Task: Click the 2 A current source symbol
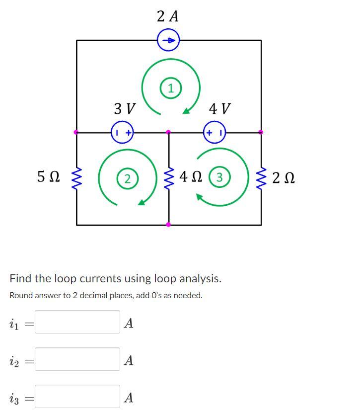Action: click(168, 40)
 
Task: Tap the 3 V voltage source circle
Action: click(123, 132)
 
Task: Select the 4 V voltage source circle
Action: click(215, 132)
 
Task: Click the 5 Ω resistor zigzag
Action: click(76, 177)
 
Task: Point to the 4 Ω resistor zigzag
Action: click(169, 177)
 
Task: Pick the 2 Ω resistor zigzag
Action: click(261, 177)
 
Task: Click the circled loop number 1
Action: click(170, 89)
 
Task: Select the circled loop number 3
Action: click(221, 177)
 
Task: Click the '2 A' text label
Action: click(167, 16)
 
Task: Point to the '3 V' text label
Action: click(124, 108)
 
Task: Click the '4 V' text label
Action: click(219, 108)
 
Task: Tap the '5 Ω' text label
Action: click(49, 176)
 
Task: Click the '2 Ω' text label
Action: click(284, 177)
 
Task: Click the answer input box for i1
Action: click(77, 322)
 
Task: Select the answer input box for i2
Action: click(77, 359)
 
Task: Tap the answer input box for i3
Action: click(77, 397)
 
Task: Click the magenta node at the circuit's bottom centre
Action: click(168, 225)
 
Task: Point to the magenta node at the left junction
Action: click(76, 132)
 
